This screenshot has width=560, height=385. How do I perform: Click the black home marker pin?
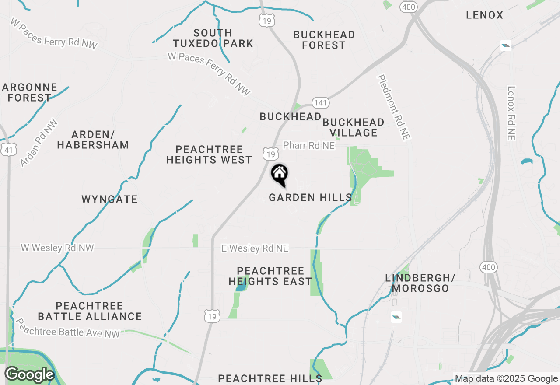click(279, 174)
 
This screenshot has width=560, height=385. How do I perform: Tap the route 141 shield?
click(320, 103)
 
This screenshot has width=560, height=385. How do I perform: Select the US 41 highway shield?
click(9, 150)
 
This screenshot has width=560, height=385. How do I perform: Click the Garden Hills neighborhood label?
click(310, 198)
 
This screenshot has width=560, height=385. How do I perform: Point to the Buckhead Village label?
click(353, 127)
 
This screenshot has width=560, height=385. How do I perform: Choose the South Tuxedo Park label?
click(213, 38)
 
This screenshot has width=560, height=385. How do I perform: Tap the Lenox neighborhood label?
click(485, 15)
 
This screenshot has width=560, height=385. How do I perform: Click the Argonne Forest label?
click(29, 92)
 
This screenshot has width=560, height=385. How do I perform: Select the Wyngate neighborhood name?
click(109, 199)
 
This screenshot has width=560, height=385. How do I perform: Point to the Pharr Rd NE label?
click(308, 145)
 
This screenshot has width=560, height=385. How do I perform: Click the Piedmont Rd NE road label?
click(394, 107)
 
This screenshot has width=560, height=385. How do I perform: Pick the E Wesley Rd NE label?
click(255, 248)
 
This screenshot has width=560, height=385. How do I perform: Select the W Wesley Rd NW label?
click(57, 248)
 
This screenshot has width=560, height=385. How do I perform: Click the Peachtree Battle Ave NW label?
click(67, 328)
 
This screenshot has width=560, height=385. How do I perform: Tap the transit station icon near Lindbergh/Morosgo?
click(396, 317)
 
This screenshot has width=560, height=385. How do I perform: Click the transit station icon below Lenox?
click(506, 45)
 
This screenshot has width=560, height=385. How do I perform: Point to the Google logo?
click(29, 375)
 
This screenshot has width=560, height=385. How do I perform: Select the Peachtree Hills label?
click(270, 378)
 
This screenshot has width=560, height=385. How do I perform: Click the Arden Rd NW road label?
click(39, 143)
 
